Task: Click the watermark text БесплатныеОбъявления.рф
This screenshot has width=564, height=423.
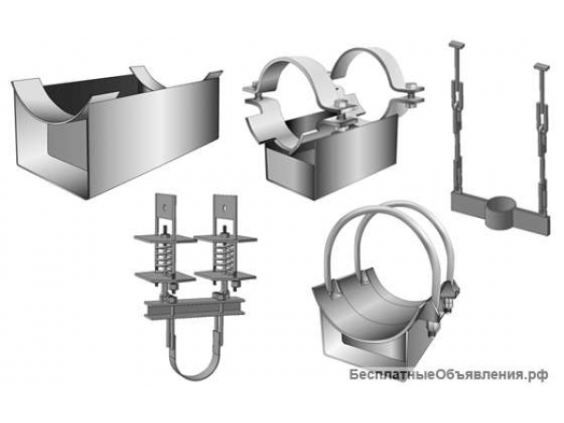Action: click(449, 375)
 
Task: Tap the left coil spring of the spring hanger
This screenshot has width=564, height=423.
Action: click(164, 258)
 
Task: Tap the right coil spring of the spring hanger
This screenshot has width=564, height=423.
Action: click(224, 257)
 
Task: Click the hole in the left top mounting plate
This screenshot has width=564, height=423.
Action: click(164, 207)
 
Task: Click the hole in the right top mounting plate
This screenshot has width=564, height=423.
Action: click(225, 207)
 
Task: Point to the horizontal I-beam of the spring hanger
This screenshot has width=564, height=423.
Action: click(195, 308)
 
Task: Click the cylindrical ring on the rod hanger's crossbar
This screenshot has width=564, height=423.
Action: click(501, 212)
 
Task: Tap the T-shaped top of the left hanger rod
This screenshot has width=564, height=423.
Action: click(456, 45)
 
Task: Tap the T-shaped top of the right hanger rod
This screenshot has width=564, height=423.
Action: click(541, 67)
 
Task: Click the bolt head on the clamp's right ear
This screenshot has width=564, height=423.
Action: click(412, 87)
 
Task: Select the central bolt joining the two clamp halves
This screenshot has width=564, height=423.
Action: click(341, 106)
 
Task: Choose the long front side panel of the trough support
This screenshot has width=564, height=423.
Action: click(153, 137)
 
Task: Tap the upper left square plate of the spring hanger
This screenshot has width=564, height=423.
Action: click(164, 238)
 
